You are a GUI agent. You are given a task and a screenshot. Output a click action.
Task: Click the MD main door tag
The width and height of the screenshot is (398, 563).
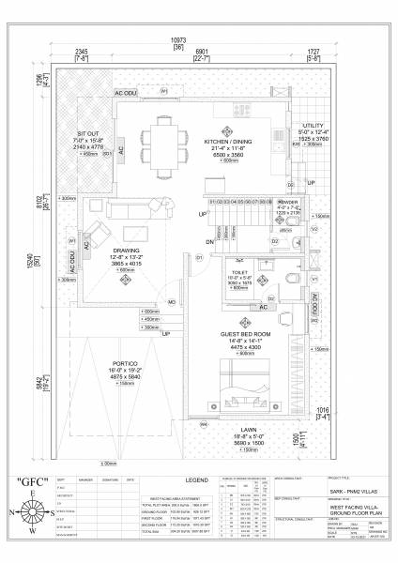(x=172, y=302)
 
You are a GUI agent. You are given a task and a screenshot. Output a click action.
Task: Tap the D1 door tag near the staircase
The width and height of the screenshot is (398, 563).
(x=199, y=256)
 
